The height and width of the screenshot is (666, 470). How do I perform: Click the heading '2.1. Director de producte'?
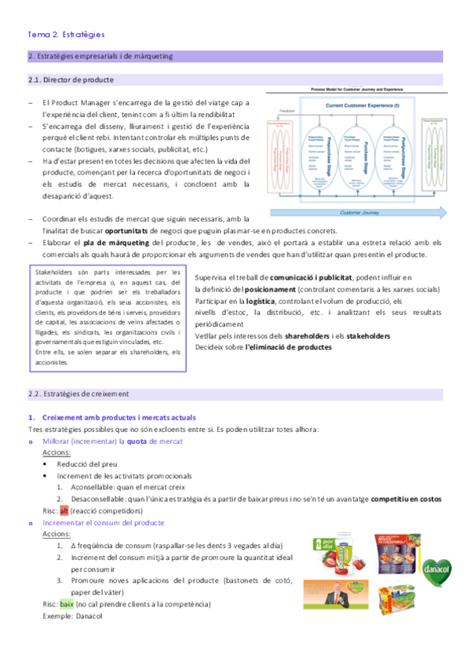point(71,80)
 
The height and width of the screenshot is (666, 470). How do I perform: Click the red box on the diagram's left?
point(283,154)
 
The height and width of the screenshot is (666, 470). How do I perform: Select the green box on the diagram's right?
point(435,154)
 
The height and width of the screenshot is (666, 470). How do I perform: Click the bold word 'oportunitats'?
point(108,230)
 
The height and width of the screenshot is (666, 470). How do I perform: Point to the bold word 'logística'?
point(261,302)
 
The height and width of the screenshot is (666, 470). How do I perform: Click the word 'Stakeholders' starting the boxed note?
point(56,272)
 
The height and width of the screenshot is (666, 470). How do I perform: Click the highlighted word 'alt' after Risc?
point(65,510)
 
